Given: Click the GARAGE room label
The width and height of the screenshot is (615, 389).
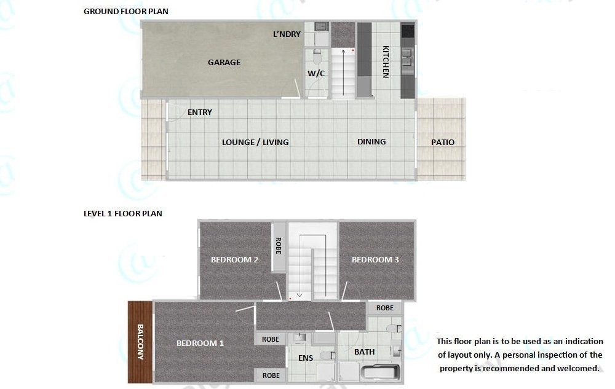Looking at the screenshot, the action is point(224,62).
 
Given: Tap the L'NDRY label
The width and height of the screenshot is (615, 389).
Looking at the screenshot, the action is point(287,34).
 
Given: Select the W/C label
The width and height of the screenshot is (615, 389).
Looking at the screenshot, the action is point(316,73).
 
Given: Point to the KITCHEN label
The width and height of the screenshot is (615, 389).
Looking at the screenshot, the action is point(386,62).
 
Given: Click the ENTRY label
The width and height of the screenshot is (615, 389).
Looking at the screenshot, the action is point(200,112).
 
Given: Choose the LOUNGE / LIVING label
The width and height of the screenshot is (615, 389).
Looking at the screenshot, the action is point(255,142).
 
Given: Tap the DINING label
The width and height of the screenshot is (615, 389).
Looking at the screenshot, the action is point(371,141).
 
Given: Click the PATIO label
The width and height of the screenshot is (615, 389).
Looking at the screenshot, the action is point(443,142).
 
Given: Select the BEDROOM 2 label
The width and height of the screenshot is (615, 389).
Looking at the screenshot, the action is point(234,259).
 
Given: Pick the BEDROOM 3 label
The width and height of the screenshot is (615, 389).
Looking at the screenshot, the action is point(375,259).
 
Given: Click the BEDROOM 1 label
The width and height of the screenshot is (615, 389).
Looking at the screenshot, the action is point(200,343).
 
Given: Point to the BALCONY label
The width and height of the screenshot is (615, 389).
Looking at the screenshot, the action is point(140,342).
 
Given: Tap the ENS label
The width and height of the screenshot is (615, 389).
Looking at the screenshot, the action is point(306,358).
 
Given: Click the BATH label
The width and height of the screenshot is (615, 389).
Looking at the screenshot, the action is point(364,352).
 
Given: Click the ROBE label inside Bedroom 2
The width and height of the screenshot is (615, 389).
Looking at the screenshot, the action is point(279,246).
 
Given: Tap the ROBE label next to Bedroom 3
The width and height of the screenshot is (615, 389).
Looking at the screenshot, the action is point(385,308).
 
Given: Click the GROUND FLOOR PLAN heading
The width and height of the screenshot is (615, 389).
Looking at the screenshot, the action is point(126,11).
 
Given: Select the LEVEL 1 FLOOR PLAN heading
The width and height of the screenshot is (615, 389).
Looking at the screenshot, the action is point(123,213).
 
